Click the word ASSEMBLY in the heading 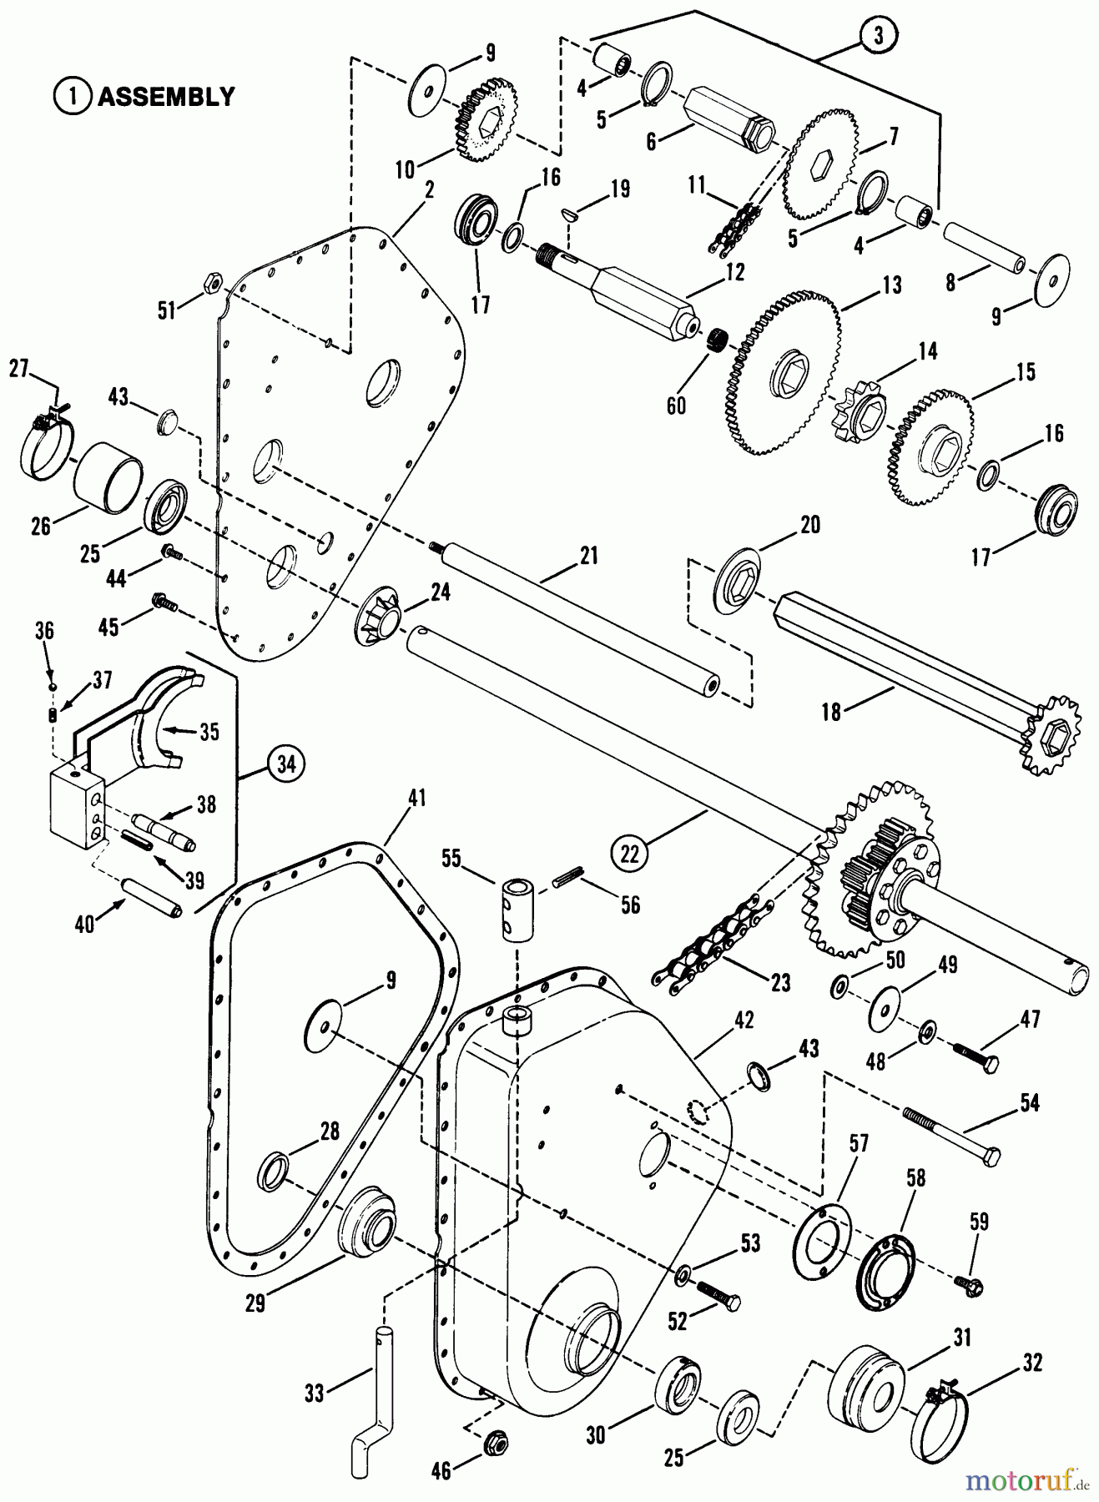pyautogui.click(x=166, y=97)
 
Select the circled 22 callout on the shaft pyautogui.click(x=630, y=852)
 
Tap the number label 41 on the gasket pyautogui.click(x=416, y=799)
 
